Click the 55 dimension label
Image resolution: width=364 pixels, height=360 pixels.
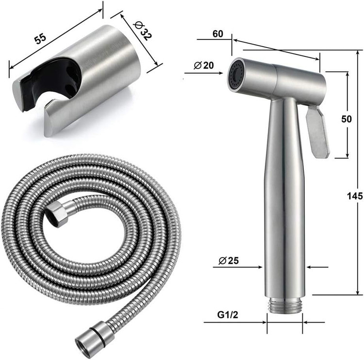[41, 39]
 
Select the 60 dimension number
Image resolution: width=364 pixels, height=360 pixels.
[218, 34]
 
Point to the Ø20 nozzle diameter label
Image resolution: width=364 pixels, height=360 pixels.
[203, 66]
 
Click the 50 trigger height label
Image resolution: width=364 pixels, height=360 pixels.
[347, 119]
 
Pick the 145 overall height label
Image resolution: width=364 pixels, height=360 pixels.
[355, 196]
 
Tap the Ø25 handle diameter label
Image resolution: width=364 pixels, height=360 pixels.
[229, 260]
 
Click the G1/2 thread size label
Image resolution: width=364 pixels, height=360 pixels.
[228, 315]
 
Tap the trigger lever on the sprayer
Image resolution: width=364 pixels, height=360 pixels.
[317, 132]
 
